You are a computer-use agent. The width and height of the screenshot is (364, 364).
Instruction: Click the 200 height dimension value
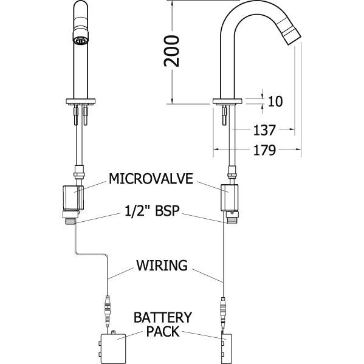click(172, 51)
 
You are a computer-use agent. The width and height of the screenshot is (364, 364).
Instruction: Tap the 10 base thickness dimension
click(275, 101)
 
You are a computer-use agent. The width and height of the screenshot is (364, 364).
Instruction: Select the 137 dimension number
click(264, 130)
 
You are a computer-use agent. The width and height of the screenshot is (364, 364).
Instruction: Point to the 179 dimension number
click(264, 150)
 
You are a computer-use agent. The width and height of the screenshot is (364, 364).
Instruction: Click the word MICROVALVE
click(151, 179)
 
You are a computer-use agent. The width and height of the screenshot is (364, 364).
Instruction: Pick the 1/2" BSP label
click(152, 211)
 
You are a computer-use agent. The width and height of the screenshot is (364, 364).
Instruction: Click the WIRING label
click(162, 266)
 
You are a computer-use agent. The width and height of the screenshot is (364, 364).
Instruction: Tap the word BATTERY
click(163, 317)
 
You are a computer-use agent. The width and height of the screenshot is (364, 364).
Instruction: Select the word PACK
click(163, 331)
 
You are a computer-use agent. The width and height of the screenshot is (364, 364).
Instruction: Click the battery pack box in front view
click(113, 348)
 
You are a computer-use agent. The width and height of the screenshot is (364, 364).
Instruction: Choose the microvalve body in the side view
click(229, 197)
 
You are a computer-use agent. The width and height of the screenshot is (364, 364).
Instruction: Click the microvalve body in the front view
click(73, 197)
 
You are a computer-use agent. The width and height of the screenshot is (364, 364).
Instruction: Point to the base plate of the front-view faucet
click(81, 101)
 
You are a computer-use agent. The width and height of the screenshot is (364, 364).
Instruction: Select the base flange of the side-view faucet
click(227, 101)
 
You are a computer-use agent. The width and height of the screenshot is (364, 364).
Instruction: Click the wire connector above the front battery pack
click(108, 311)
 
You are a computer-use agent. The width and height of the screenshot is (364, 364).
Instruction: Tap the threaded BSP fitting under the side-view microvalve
click(232, 219)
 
